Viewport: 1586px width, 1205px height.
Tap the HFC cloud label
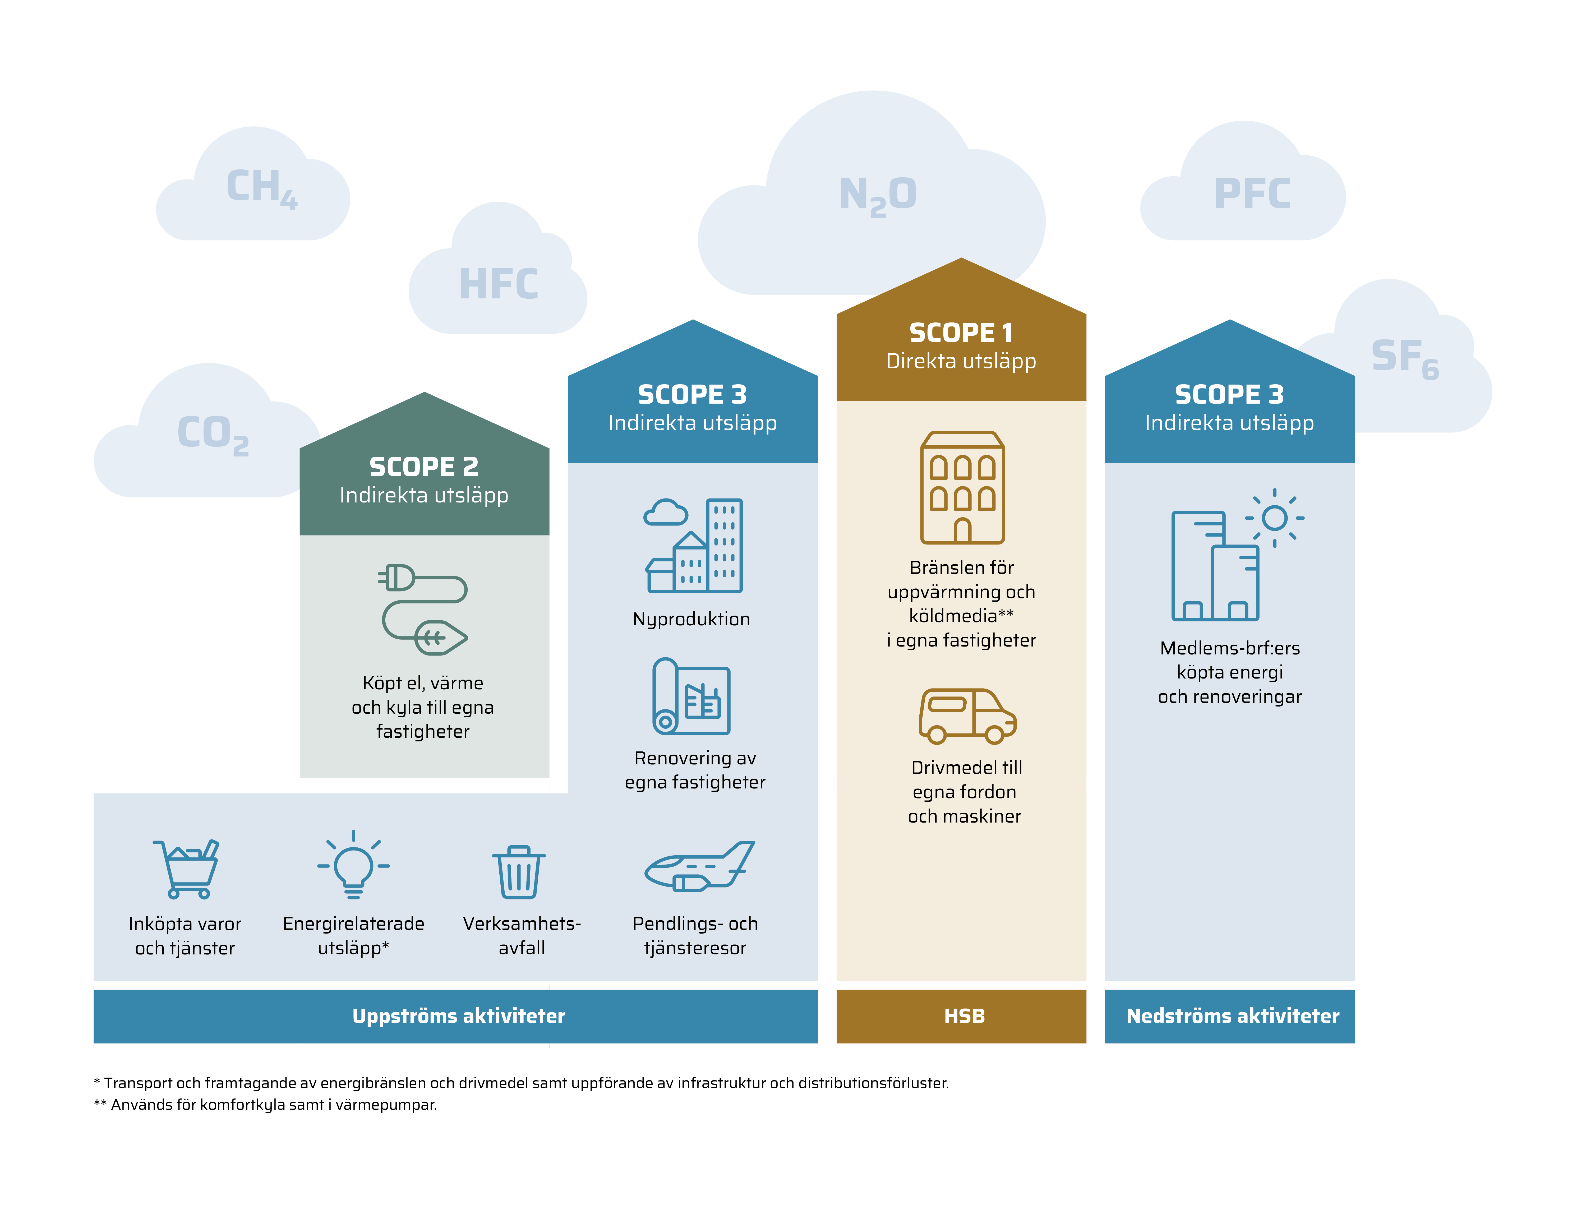tap(499, 284)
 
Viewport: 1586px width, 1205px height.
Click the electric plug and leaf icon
tap(423, 609)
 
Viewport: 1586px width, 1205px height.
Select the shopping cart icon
tap(186, 868)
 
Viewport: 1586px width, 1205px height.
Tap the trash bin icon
tap(519, 871)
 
